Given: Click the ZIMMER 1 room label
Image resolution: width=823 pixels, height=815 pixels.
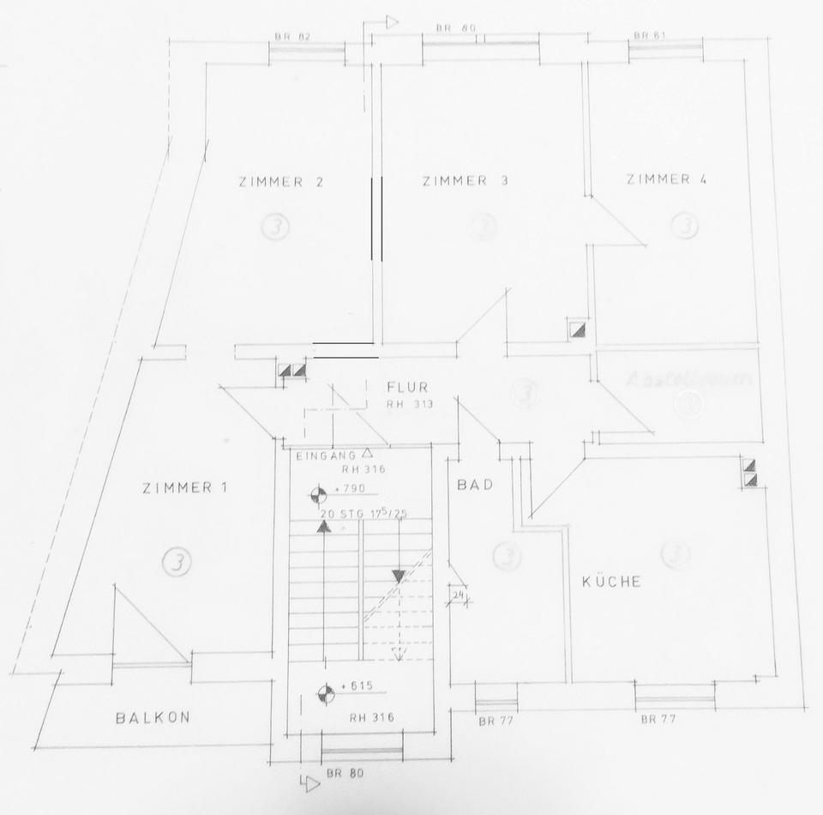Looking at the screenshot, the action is tap(184, 488).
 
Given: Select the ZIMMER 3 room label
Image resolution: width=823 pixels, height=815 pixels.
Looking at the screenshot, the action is tap(466, 180).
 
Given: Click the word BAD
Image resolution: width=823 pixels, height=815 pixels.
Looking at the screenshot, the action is tap(475, 485).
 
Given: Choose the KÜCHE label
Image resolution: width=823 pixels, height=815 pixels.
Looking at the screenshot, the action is tap(611, 581).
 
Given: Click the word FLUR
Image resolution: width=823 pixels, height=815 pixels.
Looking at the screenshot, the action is tap(407, 387).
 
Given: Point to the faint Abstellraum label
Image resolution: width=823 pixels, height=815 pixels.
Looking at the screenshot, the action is tap(688, 378).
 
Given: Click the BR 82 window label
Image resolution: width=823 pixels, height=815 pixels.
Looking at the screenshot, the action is tap(292, 37).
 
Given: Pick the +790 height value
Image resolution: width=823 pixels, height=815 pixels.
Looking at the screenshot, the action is tap(350, 489).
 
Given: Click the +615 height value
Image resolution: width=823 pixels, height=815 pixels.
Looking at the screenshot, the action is tap(355, 687).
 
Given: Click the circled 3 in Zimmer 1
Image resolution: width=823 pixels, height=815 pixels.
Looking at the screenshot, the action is tap(177, 562).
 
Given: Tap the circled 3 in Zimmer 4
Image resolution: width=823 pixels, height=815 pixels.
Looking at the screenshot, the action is tap(684, 226).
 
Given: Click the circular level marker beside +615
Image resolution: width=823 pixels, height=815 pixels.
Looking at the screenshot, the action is tap(325, 693).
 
